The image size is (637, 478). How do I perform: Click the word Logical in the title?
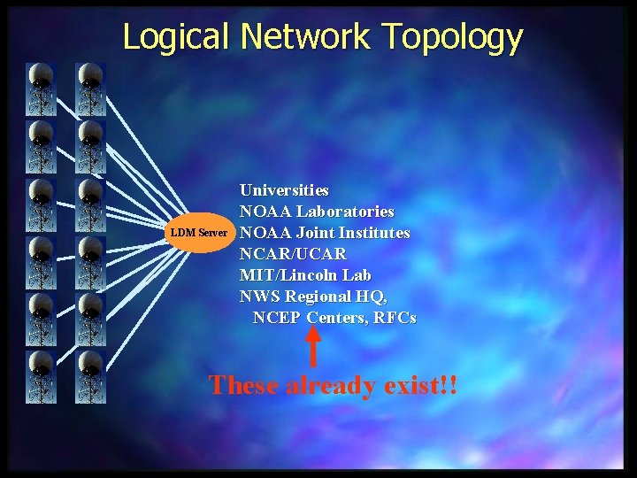click(177, 37)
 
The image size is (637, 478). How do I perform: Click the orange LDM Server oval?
click(199, 233)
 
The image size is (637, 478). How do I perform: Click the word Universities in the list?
click(284, 190)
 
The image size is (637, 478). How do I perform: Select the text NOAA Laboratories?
click(317, 212)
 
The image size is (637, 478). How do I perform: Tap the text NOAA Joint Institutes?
click(325, 233)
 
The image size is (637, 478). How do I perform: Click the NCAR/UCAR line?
click(293, 254)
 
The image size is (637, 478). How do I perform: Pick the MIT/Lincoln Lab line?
click(305, 275)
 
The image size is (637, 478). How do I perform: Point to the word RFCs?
click(395, 318)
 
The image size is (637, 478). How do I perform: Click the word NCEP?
click(277, 318)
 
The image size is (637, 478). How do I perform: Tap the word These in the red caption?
click(244, 385)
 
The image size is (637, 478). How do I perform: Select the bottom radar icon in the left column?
click(42, 377)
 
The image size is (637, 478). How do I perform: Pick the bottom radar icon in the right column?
click(90, 377)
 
